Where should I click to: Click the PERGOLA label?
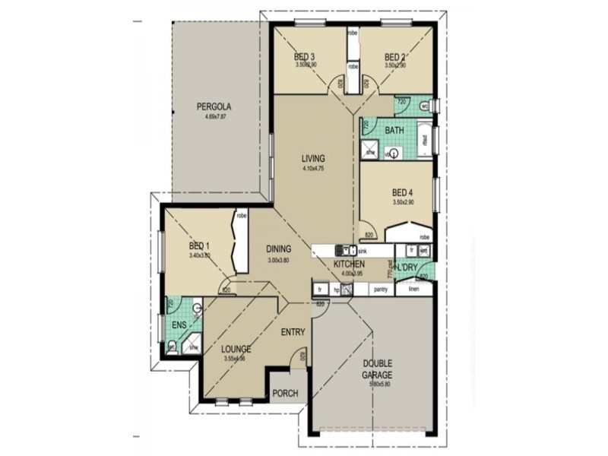pos(214,106)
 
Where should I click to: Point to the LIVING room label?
pos(312,158)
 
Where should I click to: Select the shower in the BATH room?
pos(369,149)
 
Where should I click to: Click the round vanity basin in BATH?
pos(394,154)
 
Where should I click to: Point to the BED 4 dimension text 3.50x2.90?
pos(403,203)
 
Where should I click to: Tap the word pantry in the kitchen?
pos(381,290)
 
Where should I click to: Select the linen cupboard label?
pos(414,290)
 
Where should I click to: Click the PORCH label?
pos(286,394)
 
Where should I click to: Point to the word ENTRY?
pos(293,332)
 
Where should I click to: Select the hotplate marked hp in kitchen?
pos(335,290)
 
